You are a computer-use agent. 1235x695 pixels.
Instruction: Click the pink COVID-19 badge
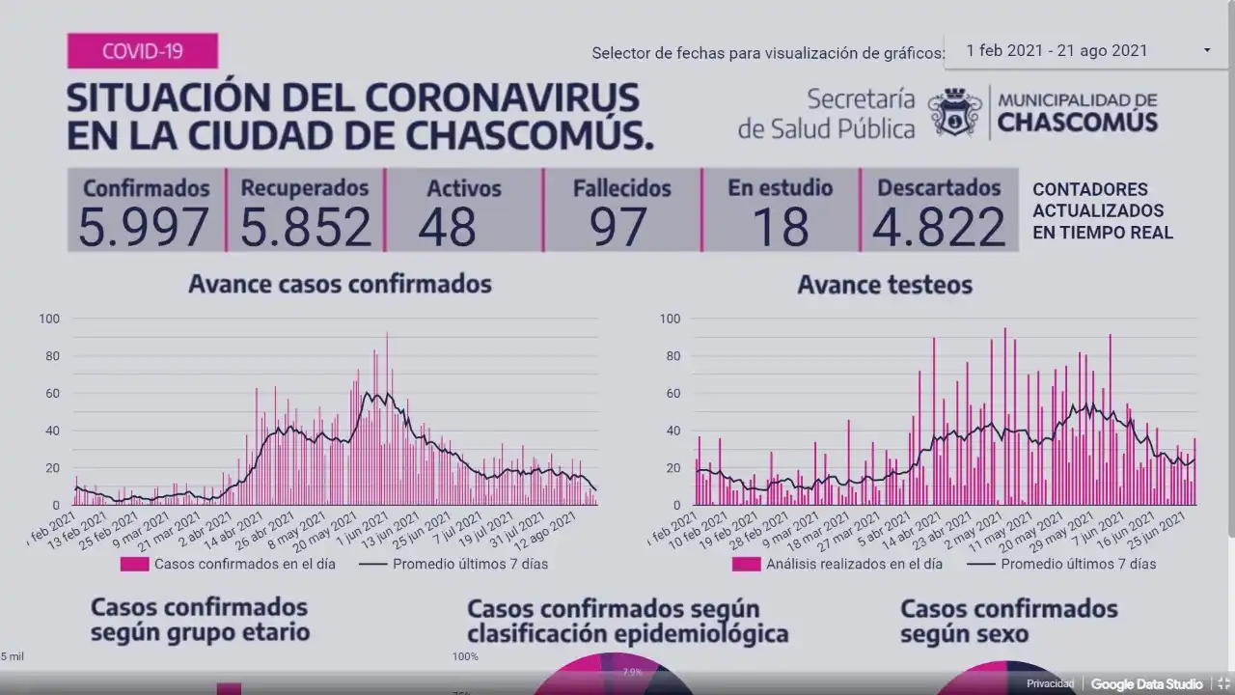point(142,50)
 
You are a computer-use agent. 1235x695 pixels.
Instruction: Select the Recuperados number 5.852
point(305,227)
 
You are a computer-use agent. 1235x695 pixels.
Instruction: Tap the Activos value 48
point(448,227)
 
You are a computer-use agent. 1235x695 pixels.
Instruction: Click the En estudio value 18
point(780,227)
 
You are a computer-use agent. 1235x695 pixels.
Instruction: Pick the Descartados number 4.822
point(939,227)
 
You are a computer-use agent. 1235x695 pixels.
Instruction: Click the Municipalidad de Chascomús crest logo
point(954,113)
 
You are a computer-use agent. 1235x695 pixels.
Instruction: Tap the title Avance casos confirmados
point(340,284)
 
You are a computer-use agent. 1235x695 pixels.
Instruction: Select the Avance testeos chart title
point(885,285)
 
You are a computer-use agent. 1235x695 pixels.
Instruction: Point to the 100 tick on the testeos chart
point(670,319)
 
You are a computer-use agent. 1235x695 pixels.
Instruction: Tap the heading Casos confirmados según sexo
point(1008,622)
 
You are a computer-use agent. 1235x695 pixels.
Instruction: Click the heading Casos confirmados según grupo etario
point(200,620)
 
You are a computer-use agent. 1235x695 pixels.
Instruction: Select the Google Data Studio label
point(1146,684)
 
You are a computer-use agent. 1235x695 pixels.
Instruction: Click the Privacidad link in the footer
point(1050,684)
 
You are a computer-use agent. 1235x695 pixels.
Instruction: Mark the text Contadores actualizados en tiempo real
point(1102,210)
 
